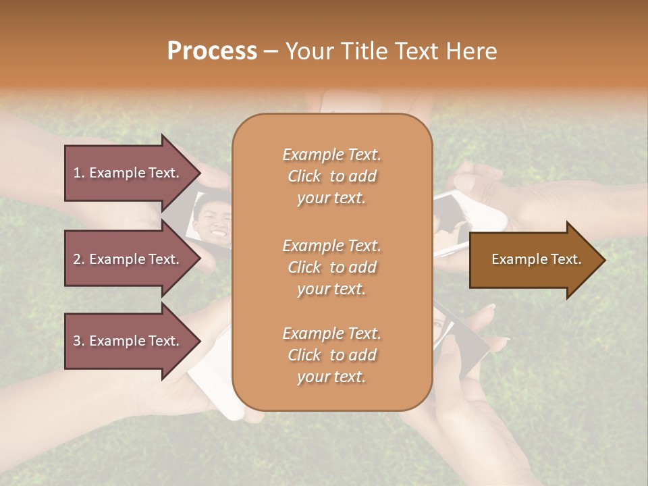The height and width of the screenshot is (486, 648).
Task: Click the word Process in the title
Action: click(x=212, y=51)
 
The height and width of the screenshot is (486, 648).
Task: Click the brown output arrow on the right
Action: click(x=533, y=259)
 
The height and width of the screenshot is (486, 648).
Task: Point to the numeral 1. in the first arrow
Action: click(x=79, y=173)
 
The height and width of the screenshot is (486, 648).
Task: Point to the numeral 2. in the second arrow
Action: click(x=79, y=259)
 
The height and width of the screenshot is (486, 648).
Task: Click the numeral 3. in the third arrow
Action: click(x=79, y=341)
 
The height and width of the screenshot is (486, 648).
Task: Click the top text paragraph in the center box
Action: click(x=331, y=176)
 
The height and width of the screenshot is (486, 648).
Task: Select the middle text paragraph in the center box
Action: click(x=331, y=267)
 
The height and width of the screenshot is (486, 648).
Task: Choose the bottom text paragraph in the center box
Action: click(x=331, y=355)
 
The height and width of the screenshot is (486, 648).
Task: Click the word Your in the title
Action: click(x=308, y=51)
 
